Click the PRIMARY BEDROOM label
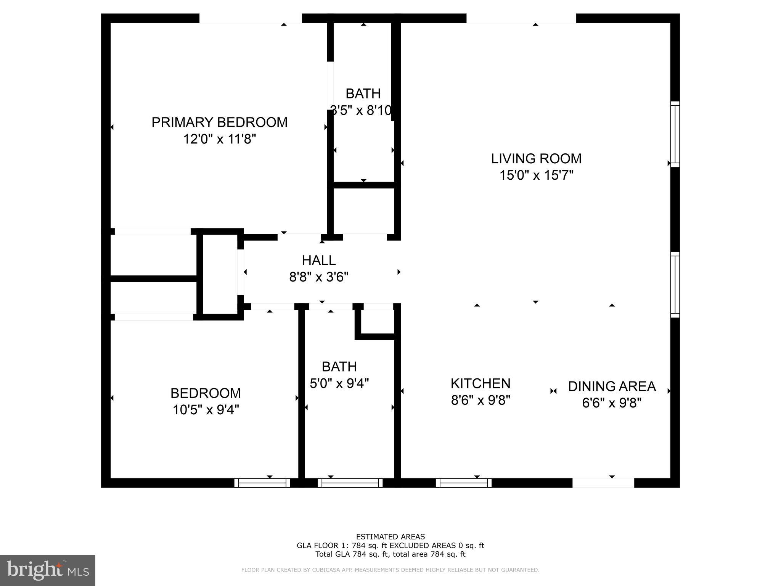coord(219,122)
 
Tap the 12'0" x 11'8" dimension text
coord(219,139)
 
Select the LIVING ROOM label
coord(536,159)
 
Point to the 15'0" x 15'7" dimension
coord(536,175)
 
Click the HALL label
coord(319,261)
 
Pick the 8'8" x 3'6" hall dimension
coord(319,277)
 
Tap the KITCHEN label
coord(480,383)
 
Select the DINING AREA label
coord(612,386)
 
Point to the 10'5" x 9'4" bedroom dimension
coord(206,410)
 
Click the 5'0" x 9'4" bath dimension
coord(339,383)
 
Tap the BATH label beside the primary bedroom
coord(363,93)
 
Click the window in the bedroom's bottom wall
coord(262,483)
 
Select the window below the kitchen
coord(463,483)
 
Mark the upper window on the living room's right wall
coord(675,134)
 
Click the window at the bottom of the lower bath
coord(350,483)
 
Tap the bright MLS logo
coord(47,570)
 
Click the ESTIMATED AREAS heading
coord(390,537)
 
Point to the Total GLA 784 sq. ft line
coord(390,554)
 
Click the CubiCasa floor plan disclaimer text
coord(390,570)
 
